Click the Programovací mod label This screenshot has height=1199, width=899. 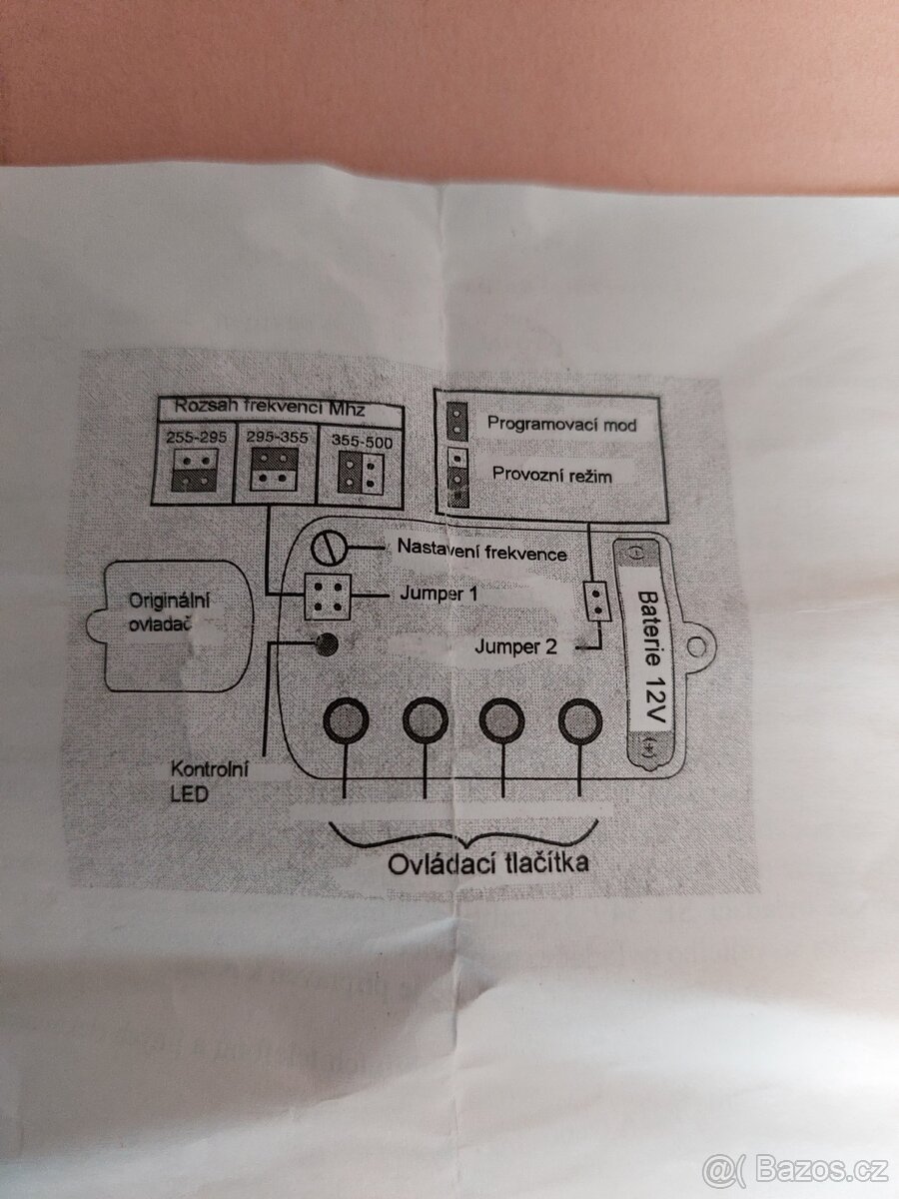click(x=561, y=424)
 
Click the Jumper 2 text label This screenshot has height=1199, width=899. click(x=515, y=646)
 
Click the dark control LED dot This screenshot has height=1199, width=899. click(x=325, y=644)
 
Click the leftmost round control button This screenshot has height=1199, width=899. click(x=346, y=719)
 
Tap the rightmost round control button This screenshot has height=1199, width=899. click(x=580, y=719)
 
